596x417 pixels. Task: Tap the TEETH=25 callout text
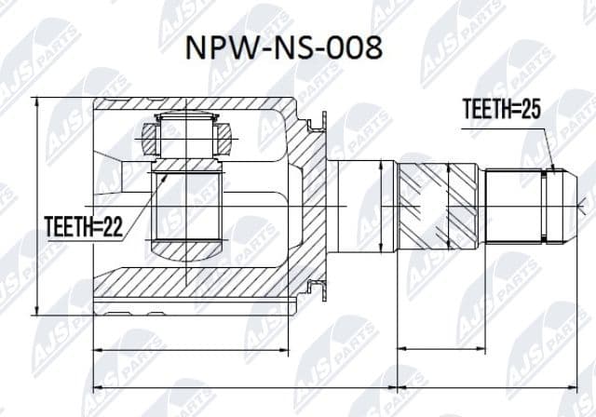[503, 110]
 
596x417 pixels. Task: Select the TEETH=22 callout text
[84, 224]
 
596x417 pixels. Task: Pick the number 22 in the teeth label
[113, 224]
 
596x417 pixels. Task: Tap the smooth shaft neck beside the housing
[365, 203]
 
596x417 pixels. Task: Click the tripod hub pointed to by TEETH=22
[186, 209]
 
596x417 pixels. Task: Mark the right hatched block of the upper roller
[221, 140]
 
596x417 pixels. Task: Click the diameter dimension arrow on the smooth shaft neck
[383, 203]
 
